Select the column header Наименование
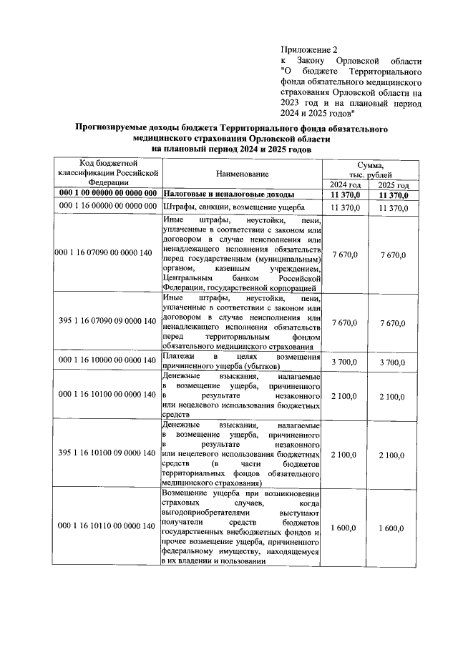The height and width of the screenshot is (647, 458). [242, 174]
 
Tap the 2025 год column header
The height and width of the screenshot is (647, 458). [393, 184]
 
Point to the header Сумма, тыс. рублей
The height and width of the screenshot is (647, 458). [369, 169]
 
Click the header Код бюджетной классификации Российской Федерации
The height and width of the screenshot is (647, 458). [107, 174]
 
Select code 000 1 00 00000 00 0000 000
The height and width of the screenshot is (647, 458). [108, 194]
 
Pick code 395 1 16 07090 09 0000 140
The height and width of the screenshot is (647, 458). [108, 322]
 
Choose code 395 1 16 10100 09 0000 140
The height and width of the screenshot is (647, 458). [108, 453]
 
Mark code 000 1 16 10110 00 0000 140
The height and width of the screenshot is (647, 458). [108, 526]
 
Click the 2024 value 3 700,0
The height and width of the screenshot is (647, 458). [345, 362]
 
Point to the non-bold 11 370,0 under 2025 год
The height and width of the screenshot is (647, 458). [392, 208]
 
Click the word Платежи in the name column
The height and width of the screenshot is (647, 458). [176, 356]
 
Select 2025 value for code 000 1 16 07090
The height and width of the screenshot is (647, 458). [392, 255]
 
